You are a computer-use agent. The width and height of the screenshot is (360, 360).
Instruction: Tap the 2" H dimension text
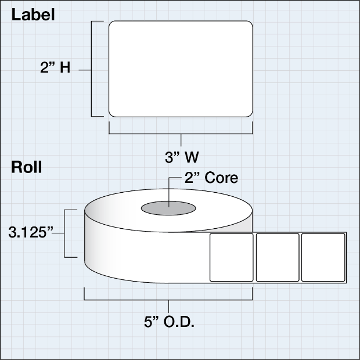[57, 69]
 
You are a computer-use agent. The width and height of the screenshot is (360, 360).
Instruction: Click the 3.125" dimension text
[31, 233]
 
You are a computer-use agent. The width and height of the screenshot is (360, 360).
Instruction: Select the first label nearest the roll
[232, 257]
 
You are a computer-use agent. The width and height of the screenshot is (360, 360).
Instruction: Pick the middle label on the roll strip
[278, 257]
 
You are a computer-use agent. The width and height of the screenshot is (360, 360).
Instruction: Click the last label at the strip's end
[323, 257]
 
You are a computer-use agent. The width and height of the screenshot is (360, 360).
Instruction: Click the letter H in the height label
[65, 69]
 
